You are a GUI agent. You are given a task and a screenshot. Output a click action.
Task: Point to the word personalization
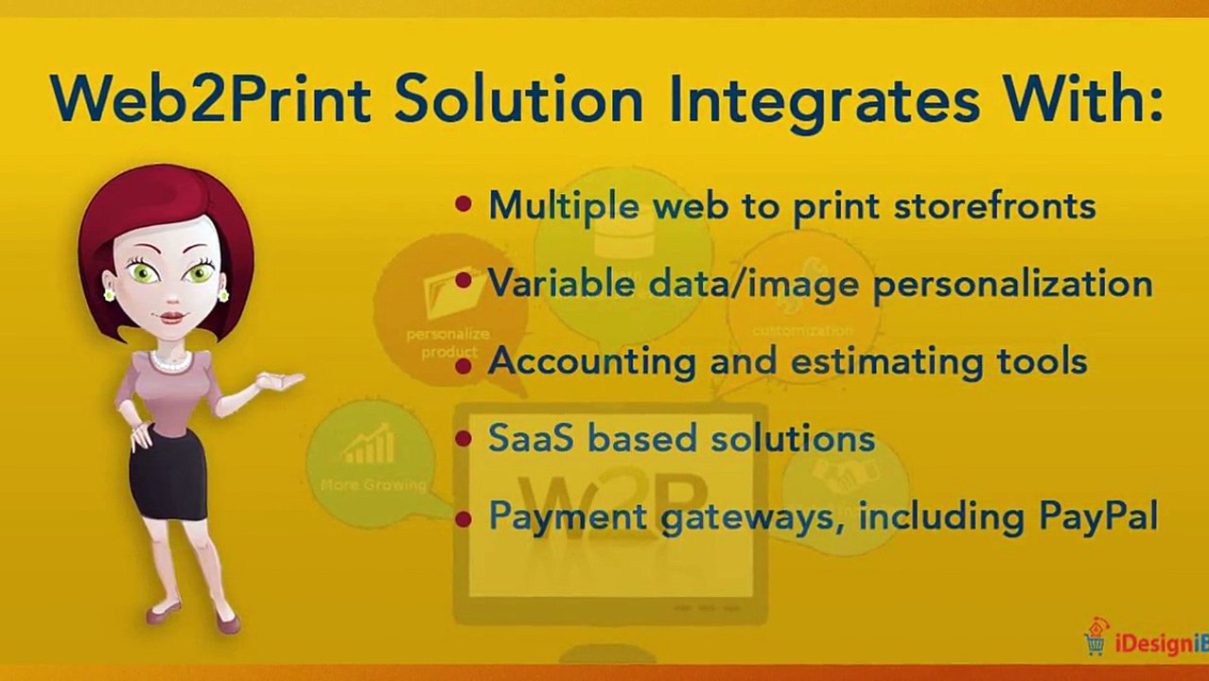point(1012,284)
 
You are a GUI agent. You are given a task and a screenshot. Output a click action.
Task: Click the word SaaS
point(531,438)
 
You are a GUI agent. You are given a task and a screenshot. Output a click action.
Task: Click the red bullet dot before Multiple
point(463,203)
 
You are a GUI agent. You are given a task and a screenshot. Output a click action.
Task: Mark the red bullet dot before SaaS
point(463,438)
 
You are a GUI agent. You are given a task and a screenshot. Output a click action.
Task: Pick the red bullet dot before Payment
point(463,517)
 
